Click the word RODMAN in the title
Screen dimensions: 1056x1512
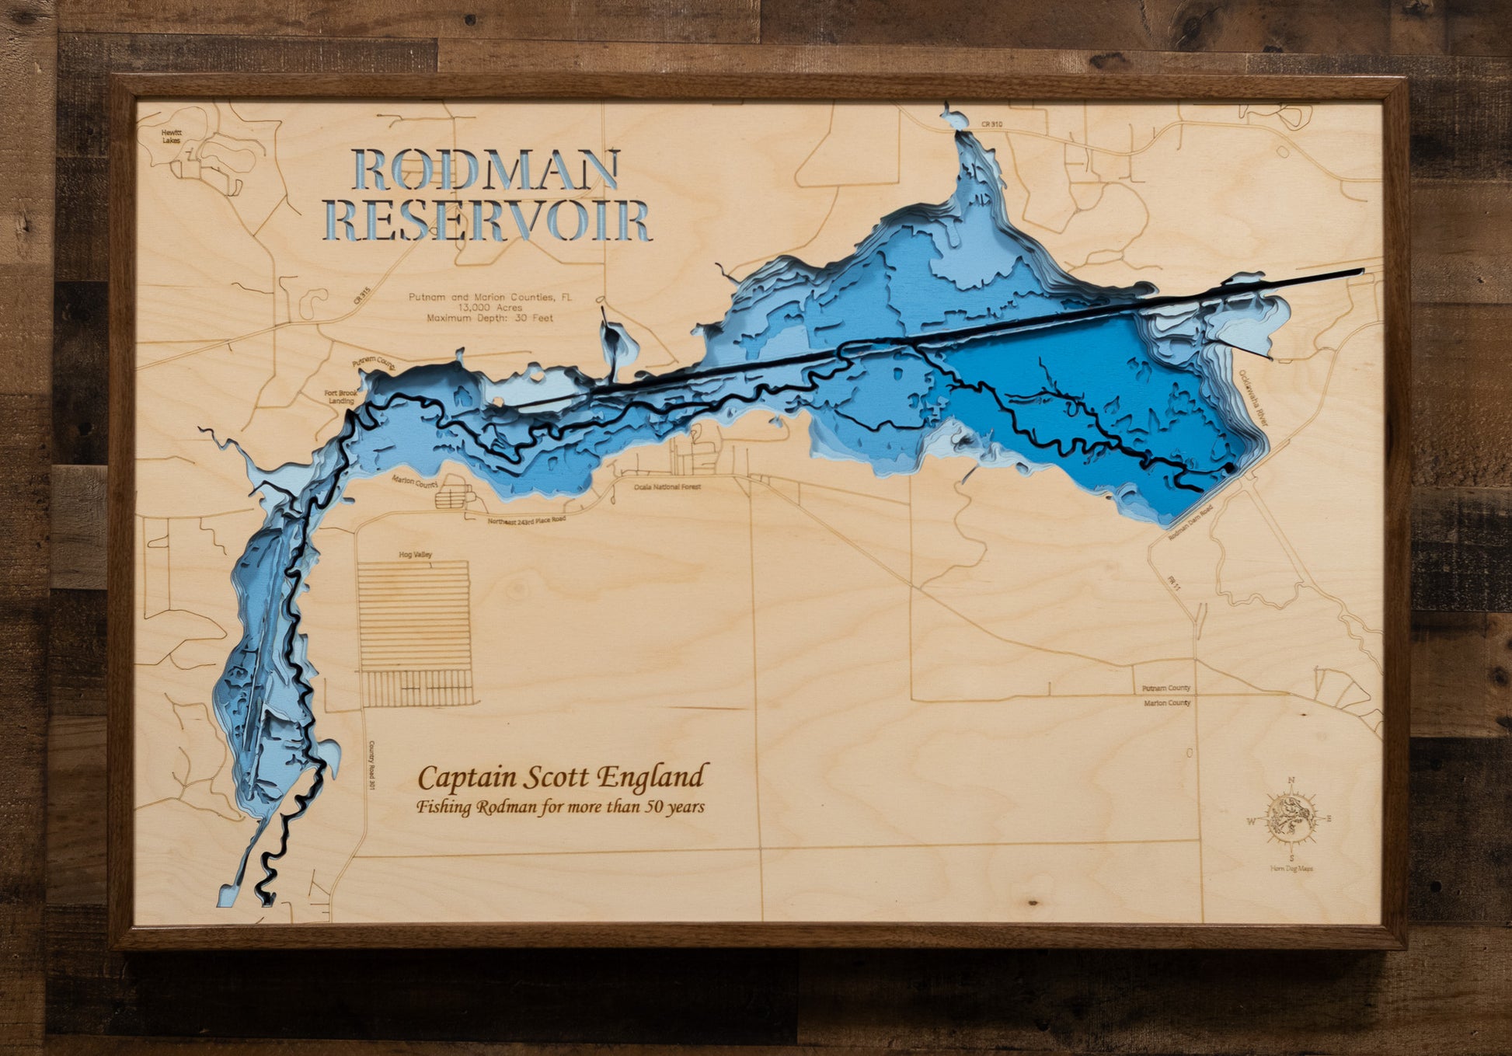pos(487,169)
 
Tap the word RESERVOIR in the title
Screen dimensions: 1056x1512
pos(487,221)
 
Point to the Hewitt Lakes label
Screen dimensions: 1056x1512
pos(171,137)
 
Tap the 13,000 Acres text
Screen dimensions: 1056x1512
pos(489,308)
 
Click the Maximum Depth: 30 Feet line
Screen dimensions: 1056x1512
pos(489,318)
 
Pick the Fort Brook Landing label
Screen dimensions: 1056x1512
pos(340,397)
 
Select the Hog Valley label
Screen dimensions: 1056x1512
pos(415,555)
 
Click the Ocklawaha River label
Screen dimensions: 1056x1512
pos(1252,397)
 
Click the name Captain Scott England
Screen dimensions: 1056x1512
pos(563,777)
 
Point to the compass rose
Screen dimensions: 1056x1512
pos(1291,818)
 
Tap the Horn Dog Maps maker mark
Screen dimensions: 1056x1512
pos(1291,869)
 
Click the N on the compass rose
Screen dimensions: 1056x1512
pos(1291,780)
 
